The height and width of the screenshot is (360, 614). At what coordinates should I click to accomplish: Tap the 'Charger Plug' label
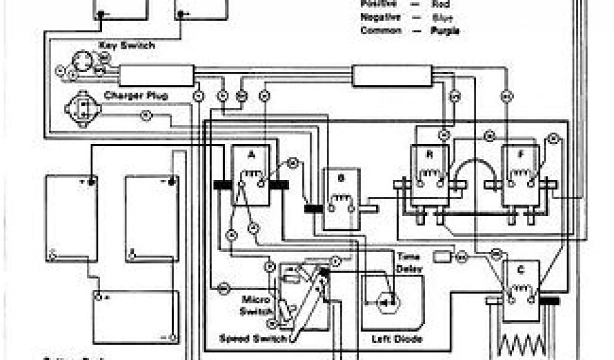[x=136, y=95]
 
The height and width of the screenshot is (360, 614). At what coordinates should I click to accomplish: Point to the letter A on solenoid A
[x=251, y=154]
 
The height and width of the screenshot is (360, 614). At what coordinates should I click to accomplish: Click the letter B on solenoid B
[x=341, y=178]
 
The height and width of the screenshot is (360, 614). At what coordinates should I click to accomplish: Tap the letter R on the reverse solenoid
[x=429, y=154]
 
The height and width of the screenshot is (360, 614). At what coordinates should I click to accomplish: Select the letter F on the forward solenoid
[x=520, y=154]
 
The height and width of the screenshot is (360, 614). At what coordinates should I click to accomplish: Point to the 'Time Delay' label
[x=410, y=262]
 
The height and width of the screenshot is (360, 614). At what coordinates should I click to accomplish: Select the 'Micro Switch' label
[x=258, y=305]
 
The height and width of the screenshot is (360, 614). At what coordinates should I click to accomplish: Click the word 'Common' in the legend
[x=381, y=31]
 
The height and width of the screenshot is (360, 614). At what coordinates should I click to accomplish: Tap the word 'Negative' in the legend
[x=380, y=17]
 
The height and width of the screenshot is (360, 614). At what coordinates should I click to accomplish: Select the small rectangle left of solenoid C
[x=443, y=256]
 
